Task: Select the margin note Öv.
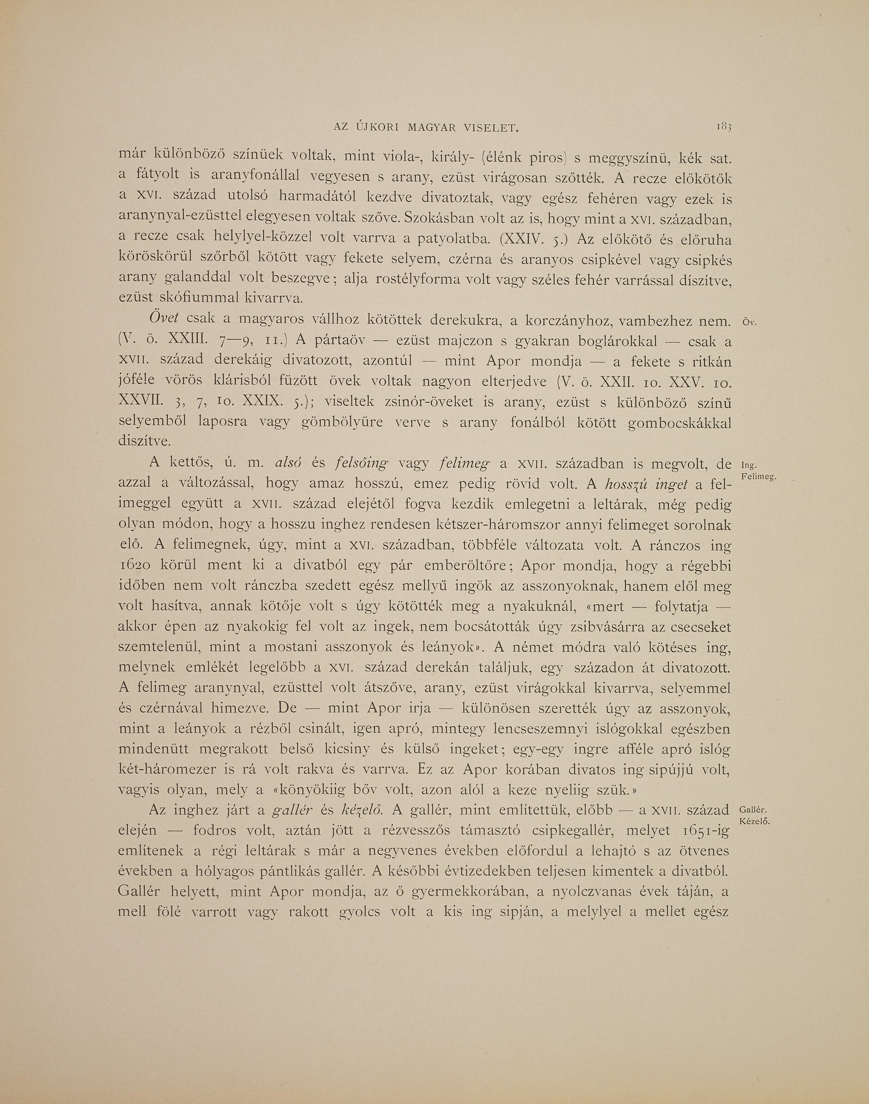[x=751, y=323]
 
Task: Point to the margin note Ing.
[x=748, y=465]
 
